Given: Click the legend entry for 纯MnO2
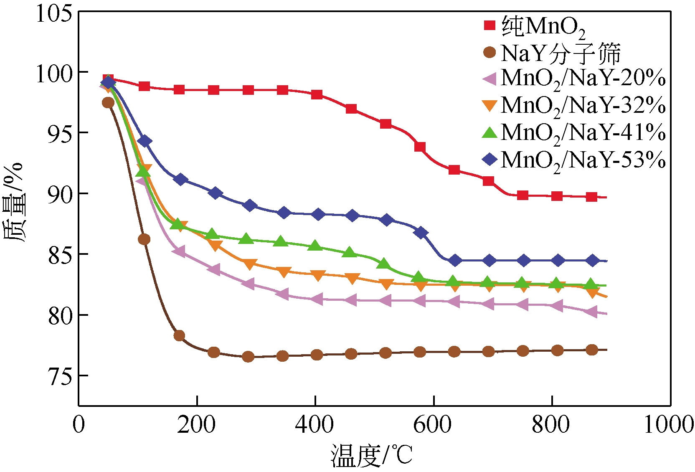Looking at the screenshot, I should (x=543, y=27).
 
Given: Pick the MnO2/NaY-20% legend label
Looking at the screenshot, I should (x=583, y=79).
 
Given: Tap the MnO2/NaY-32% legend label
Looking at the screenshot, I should (x=583, y=105).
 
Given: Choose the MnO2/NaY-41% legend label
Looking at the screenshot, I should (x=583, y=133).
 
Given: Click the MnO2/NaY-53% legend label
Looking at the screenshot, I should (x=583, y=160).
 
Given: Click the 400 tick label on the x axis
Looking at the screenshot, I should (x=315, y=425).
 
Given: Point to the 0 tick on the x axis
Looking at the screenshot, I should (x=79, y=425).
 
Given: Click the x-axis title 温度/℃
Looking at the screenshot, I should (x=372, y=455).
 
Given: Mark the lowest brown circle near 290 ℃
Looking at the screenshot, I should (x=248, y=357).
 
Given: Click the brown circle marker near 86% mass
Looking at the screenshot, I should (x=144, y=239).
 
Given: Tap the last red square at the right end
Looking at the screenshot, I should (x=591, y=197).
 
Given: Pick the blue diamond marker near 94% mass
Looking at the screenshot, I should (x=145, y=141).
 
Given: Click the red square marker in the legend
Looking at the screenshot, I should (x=489, y=26).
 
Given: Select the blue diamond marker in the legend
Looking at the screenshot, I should (x=489, y=159).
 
